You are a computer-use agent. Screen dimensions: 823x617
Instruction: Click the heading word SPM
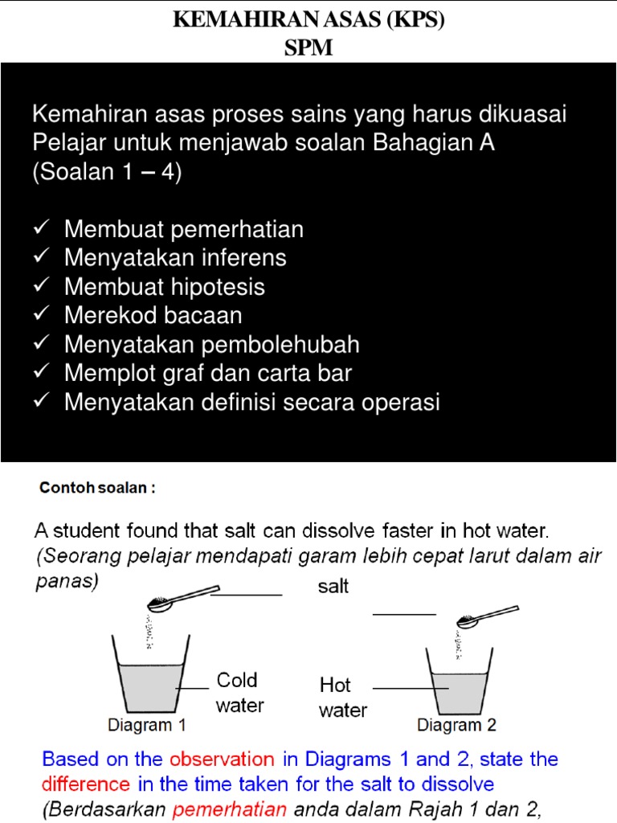pyautogui.click(x=308, y=48)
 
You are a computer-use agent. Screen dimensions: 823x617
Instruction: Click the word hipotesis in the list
pyautogui.click(x=218, y=287)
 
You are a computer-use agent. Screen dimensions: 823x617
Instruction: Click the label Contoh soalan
pyautogui.click(x=96, y=488)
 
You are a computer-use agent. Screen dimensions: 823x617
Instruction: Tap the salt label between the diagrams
pyautogui.click(x=333, y=588)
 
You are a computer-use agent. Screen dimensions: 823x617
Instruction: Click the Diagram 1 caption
pyautogui.click(x=147, y=725)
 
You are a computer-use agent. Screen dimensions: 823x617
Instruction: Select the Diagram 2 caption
pyautogui.click(x=456, y=725)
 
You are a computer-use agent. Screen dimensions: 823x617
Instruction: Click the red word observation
pyautogui.click(x=222, y=760)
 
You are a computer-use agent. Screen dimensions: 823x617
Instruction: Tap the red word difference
pyautogui.click(x=86, y=784)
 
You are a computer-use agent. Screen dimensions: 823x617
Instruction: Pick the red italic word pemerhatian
pyautogui.click(x=230, y=809)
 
